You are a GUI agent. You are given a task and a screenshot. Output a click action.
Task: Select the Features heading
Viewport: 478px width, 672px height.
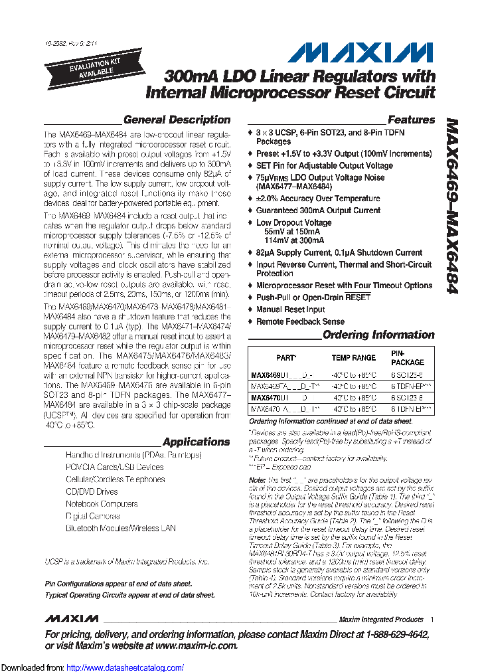tap(411, 120)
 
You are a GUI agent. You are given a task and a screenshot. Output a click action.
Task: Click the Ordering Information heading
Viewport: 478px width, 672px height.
tap(378, 335)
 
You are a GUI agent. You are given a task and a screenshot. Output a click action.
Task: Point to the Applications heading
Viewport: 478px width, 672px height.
tap(196, 442)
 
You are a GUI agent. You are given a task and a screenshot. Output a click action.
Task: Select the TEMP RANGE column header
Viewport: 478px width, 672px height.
tap(353, 358)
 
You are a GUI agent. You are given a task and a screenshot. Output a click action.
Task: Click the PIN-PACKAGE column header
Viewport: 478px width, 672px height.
tap(406, 358)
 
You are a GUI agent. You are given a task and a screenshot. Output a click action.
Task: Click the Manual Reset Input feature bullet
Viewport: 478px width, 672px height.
tap(290, 309)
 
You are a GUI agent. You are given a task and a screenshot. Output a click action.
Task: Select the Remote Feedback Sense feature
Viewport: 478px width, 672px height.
tap(300, 321)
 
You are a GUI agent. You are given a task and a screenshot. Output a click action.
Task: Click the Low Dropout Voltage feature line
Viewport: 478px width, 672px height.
tap(293, 223)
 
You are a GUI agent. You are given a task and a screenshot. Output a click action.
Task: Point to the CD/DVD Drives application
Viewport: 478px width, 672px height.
tap(91, 491)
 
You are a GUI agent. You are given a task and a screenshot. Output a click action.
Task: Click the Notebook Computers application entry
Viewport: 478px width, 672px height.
tap(101, 504)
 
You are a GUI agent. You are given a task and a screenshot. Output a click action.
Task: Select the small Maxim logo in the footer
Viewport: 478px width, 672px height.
tap(72, 619)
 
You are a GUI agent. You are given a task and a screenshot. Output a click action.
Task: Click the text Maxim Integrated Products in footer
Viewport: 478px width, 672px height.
tap(380, 620)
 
